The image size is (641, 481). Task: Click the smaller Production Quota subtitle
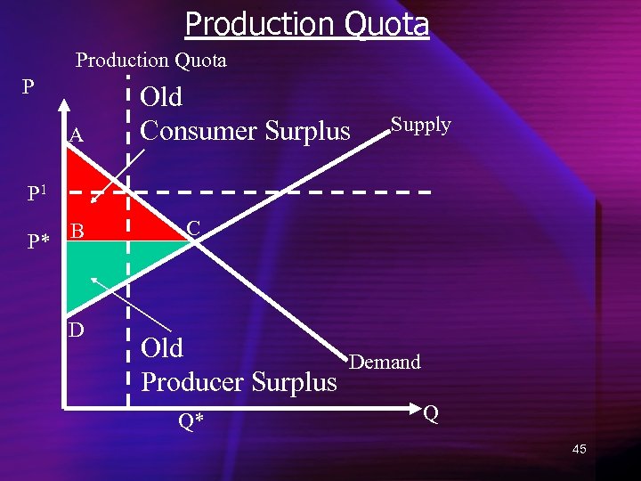(150, 61)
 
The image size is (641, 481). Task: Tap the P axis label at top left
(28, 87)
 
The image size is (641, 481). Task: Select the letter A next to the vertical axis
(77, 136)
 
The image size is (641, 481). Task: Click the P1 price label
(37, 193)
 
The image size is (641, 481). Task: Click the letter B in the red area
(77, 232)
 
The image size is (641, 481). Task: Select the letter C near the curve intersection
(193, 229)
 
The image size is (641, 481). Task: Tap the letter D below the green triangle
(77, 330)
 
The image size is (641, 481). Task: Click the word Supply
(420, 125)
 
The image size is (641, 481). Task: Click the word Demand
(385, 362)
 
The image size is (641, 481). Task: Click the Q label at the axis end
(431, 414)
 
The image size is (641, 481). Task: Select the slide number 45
(579, 449)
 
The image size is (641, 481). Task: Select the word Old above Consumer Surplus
(162, 96)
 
